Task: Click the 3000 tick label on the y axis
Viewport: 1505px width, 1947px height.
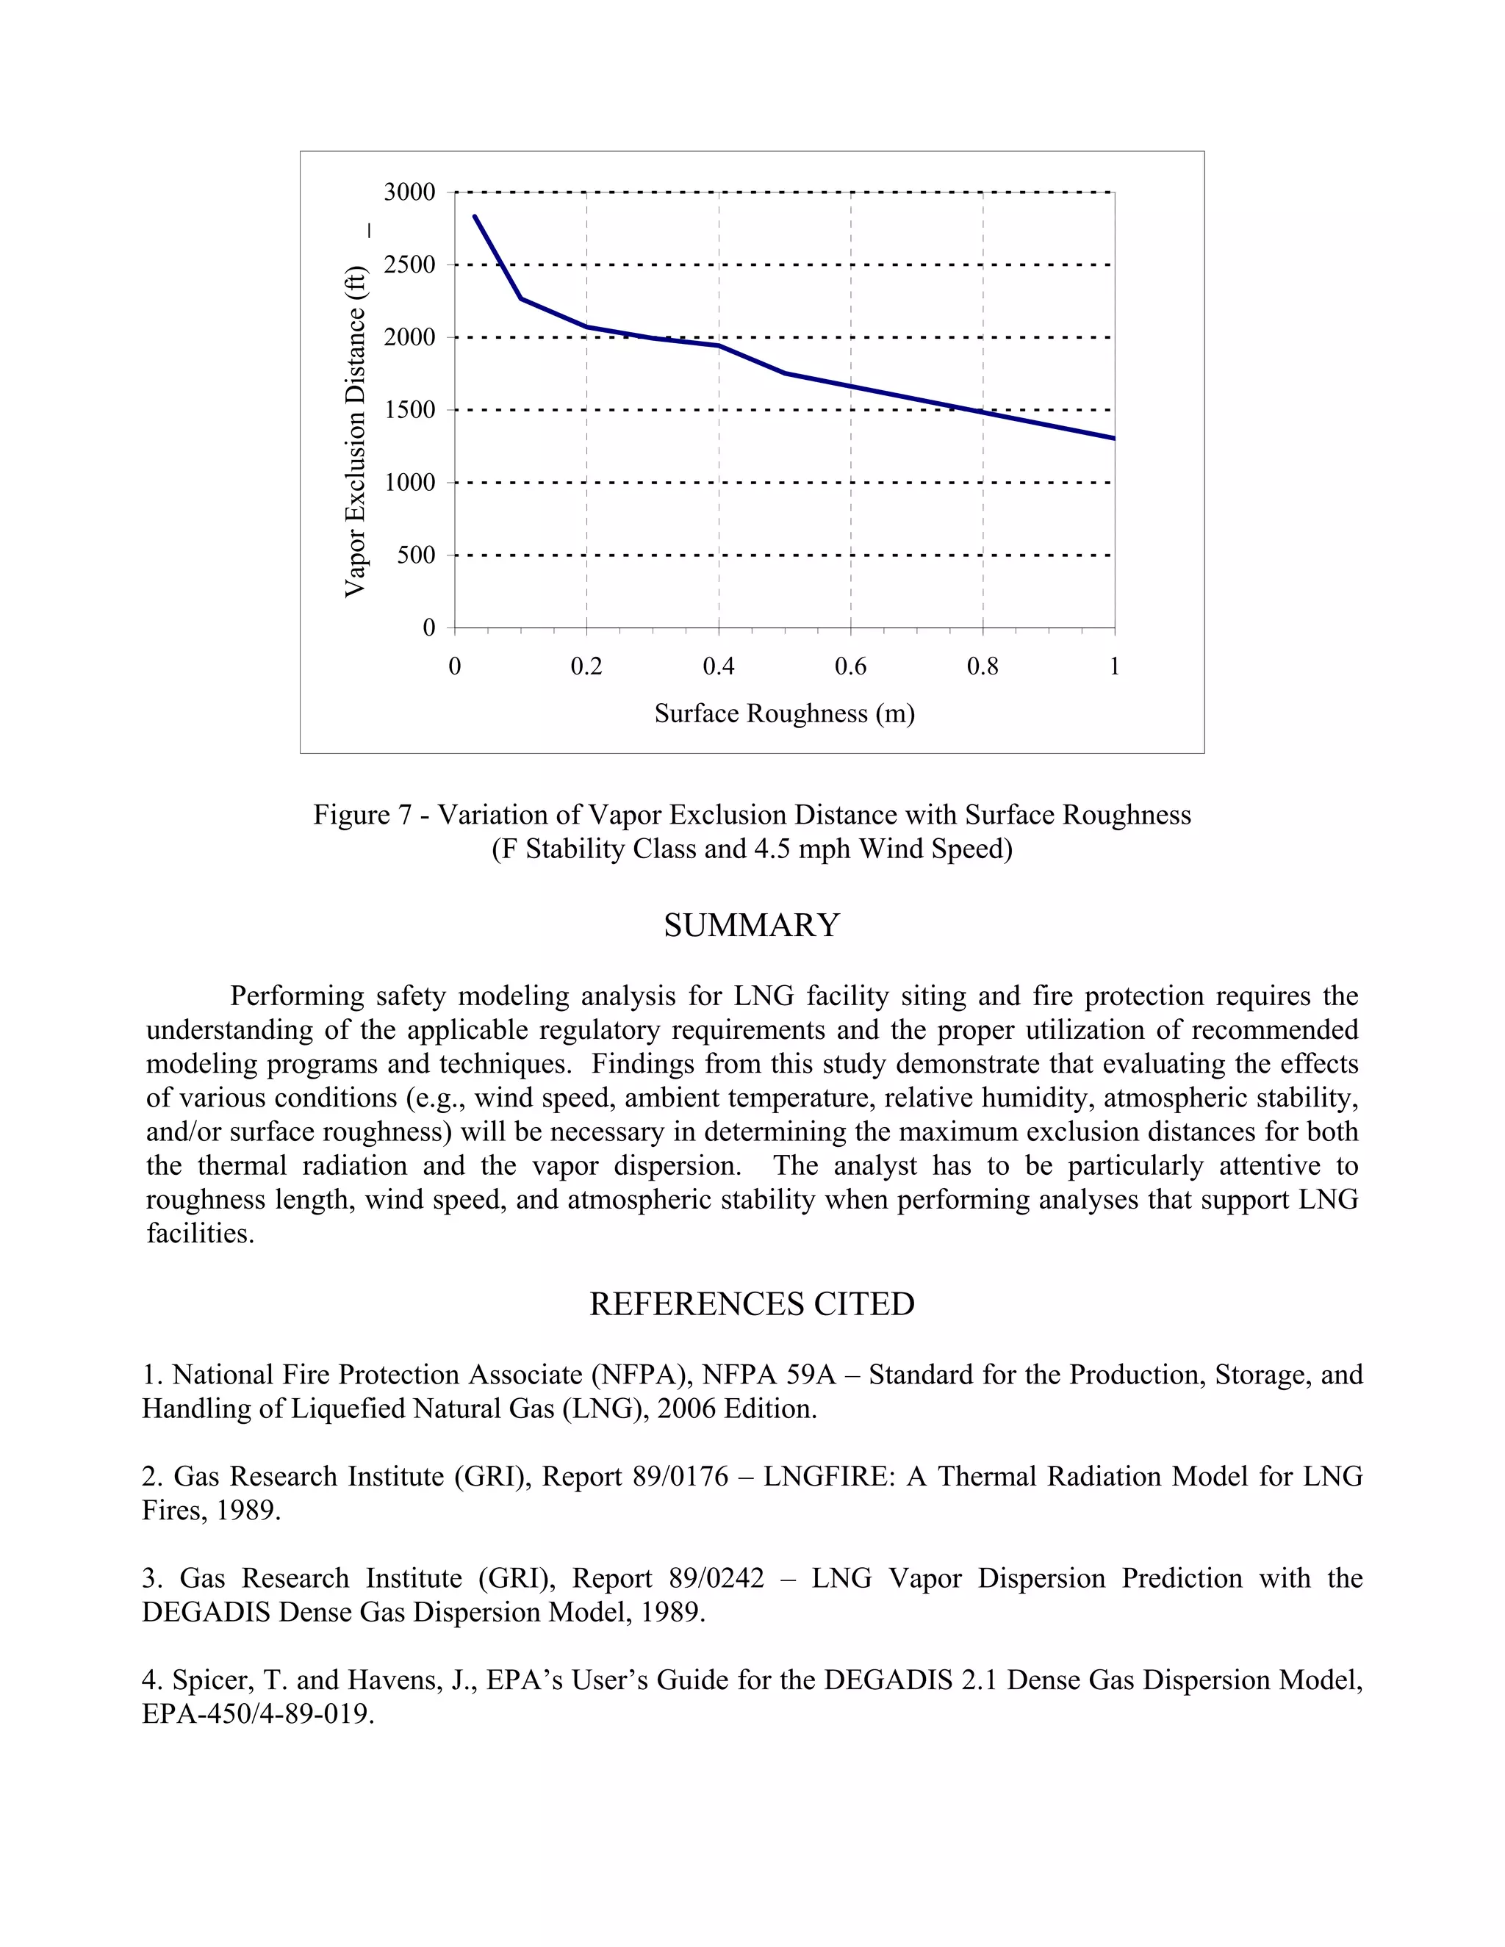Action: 409,192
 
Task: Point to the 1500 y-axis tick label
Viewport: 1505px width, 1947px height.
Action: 409,410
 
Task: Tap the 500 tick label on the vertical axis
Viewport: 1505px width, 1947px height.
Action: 415,555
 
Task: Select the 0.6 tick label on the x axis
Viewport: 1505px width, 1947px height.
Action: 850,667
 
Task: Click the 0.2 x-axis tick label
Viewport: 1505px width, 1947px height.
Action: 586,667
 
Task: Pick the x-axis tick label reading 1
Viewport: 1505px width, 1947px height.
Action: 1115,667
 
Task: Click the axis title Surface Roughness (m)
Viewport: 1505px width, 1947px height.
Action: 785,713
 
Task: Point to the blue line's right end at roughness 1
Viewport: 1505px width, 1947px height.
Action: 1113,438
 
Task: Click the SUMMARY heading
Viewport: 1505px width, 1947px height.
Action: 752,925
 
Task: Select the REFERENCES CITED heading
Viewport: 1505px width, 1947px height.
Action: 752,1304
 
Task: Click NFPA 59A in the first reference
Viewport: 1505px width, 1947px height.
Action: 769,1375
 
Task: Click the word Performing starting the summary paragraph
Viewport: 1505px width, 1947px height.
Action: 296,996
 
